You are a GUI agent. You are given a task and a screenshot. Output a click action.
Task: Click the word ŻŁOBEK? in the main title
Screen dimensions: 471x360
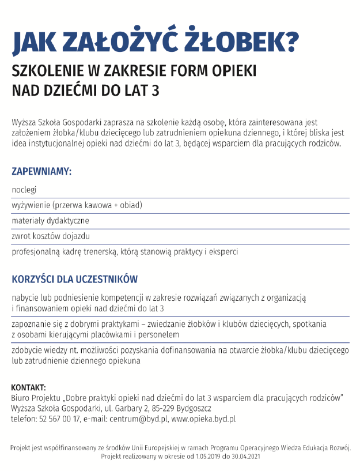[241, 42]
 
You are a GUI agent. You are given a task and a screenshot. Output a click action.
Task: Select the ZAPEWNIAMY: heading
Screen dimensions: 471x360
[41, 171]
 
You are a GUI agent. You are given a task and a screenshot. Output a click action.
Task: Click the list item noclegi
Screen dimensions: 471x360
[24, 189]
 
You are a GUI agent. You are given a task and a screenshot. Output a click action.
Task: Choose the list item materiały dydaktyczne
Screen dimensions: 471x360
[51, 220]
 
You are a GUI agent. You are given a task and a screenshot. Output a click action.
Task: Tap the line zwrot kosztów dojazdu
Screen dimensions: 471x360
[51, 236]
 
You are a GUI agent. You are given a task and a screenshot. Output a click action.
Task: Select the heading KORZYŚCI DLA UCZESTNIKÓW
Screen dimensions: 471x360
[75, 280]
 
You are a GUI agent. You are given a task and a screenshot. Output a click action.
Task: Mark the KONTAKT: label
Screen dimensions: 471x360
[29, 387]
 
